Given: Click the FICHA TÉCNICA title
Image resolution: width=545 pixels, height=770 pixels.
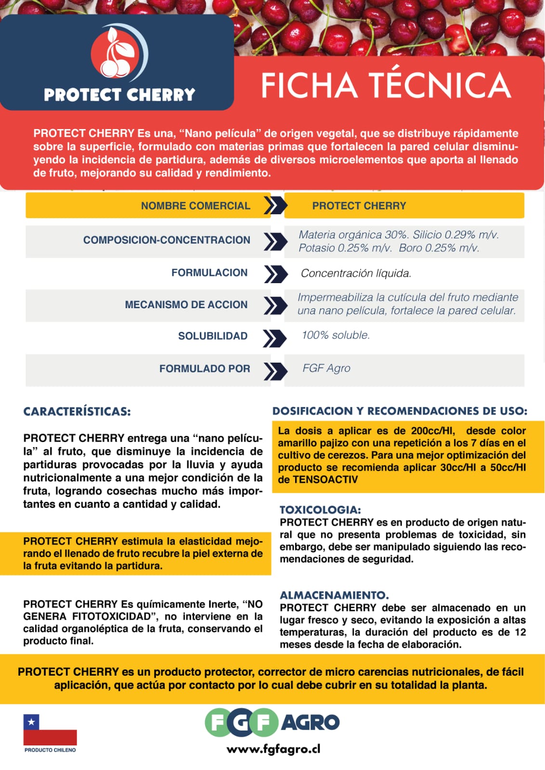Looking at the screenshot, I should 385,85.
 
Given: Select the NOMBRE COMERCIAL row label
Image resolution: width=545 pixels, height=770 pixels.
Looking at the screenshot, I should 195,206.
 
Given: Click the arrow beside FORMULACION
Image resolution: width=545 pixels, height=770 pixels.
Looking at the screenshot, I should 275,274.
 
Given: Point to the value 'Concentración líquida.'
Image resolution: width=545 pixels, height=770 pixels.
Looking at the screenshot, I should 356,274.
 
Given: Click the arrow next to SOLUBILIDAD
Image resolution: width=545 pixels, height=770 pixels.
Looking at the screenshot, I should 274,337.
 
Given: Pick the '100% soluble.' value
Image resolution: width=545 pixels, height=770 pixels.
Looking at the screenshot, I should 336,335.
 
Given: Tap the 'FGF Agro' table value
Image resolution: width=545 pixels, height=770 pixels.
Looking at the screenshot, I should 326,368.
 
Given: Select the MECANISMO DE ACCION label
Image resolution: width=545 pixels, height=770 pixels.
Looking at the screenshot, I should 186,305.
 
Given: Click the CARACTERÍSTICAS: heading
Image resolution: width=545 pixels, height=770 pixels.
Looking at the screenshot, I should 77,412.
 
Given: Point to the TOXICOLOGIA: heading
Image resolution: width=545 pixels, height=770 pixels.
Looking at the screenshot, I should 320,509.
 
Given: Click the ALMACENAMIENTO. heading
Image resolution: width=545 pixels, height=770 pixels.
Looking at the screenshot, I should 334,595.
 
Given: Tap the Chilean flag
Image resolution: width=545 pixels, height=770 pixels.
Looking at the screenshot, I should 50,729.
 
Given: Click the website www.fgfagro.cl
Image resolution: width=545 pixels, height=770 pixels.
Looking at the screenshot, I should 273,749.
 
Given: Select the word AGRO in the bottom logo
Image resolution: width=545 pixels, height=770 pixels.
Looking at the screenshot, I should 311,722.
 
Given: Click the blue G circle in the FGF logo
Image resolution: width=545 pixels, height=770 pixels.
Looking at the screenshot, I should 241,722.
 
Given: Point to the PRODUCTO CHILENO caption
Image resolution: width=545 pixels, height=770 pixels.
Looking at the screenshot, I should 50,750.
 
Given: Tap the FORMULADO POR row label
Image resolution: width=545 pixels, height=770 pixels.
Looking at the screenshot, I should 205,369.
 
